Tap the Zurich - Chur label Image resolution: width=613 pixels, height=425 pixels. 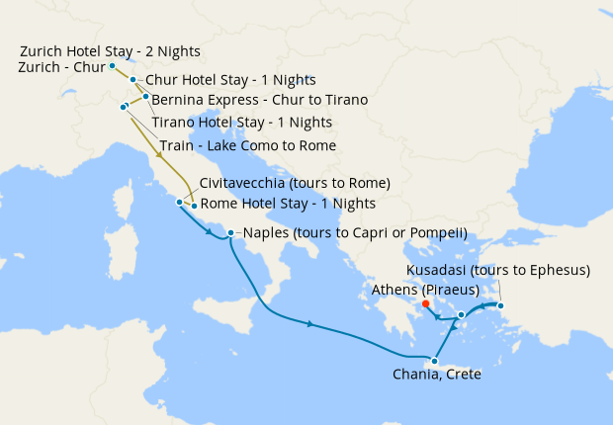click(x=61, y=67)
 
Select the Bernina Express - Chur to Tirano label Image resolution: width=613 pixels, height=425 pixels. click(x=259, y=100)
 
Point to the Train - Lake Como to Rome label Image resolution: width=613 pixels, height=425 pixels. click(x=247, y=145)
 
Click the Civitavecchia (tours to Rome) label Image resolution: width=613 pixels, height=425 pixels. click(x=295, y=184)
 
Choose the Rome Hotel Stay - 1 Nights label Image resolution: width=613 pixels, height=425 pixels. click(x=288, y=204)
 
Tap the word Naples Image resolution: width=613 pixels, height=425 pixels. click(x=266, y=234)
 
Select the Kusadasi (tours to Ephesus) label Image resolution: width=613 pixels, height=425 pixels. click(x=498, y=270)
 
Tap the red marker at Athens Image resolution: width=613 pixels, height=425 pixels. click(x=426, y=304)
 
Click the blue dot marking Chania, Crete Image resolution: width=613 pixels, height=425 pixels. click(x=434, y=361)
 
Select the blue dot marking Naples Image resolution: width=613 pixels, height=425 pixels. click(x=230, y=234)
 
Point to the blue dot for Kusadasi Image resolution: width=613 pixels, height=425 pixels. click(x=500, y=305)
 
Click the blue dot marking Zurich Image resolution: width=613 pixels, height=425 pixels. click(x=113, y=66)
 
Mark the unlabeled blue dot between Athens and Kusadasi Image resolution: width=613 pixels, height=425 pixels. click(x=462, y=314)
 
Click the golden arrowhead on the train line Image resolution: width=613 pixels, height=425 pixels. click(x=159, y=154)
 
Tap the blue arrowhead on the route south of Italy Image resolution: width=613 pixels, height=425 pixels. click(x=310, y=324)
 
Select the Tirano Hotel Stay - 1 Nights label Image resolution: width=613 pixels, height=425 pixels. click(x=241, y=123)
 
